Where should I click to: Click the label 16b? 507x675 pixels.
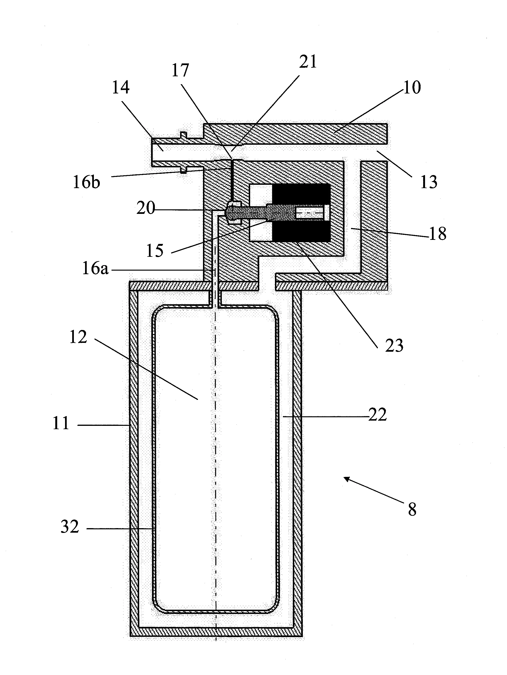86,182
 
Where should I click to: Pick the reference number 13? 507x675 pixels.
429,182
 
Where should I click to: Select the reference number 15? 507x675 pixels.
155,251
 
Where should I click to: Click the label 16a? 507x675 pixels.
95,269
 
